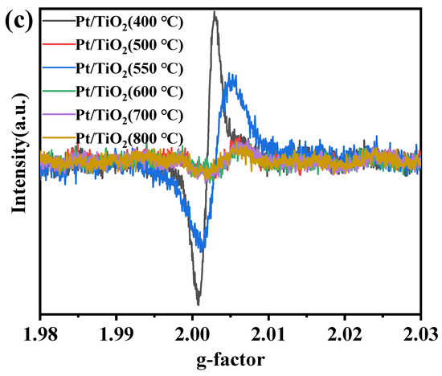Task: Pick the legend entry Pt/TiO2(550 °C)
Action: [x=130, y=66]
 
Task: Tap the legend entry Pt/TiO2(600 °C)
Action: [x=130, y=89]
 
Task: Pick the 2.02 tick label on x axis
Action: [x=345, y=332]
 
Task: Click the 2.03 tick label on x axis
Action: [x=419, y=332]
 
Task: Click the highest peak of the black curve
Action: [x=215, y=14]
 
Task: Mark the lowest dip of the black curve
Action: [x=198, y=304]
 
